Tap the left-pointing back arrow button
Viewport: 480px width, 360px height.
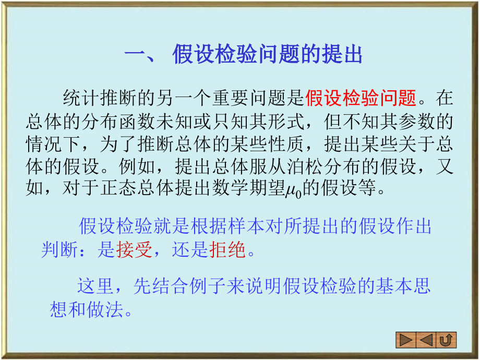[x=426, y=341]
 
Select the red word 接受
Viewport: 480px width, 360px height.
[x=134, y=250]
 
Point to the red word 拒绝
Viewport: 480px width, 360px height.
[x=227, y=250]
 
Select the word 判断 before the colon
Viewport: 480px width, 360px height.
[x=59, y=250]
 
